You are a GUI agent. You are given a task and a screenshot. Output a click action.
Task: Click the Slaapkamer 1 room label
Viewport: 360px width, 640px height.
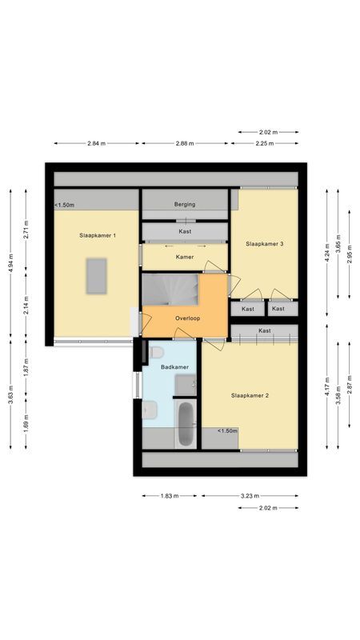(98, 235)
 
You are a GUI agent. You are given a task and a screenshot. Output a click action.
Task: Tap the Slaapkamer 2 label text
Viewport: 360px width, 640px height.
(250, 395)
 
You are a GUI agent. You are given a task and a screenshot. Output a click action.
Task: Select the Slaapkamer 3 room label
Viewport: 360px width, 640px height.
(265, 244)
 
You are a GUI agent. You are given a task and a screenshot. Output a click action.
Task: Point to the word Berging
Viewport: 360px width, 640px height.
(185, 205)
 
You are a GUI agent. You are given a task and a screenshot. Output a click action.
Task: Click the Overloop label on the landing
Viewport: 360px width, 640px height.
(187, 318)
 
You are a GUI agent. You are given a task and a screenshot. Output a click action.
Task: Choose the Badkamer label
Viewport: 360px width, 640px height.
(174, 367)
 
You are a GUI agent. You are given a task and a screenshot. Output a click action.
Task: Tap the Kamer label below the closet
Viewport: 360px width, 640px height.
(185, 257)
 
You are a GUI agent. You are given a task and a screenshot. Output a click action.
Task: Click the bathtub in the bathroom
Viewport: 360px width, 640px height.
(185, 424)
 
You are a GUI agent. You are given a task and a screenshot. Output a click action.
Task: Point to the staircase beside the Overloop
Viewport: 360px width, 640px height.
(170, 289)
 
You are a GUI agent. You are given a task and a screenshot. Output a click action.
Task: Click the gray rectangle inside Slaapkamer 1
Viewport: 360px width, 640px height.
(98, 275)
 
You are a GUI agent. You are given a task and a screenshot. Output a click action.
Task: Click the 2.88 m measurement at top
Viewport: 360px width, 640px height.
(186, 143)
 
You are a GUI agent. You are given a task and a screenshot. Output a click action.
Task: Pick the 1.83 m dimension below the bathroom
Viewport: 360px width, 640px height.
(169, 496)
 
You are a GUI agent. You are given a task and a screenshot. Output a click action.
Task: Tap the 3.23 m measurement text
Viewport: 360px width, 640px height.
(250, 496)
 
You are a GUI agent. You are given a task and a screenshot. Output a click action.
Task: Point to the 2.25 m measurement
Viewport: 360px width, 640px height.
(264, 143)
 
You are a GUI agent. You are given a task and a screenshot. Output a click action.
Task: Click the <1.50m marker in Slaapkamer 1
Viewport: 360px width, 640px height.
(65, 206)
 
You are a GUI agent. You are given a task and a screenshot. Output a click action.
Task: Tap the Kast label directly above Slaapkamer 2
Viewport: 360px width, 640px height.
(264, 330)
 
